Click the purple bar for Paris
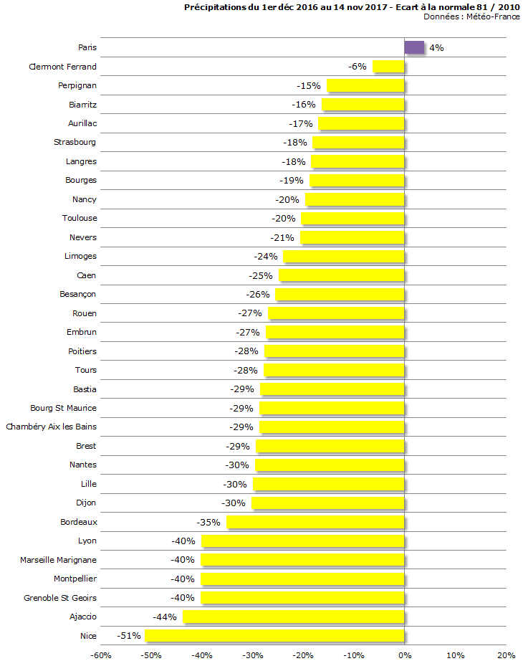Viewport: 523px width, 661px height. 414,47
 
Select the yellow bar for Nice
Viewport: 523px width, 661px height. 274,635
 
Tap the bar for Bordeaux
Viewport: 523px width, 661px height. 315,522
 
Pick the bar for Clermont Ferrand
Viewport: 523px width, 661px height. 388,67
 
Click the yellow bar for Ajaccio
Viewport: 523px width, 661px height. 294,617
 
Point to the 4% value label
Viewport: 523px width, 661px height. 436,48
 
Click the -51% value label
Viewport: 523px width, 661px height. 130,635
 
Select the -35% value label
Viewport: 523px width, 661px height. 209,522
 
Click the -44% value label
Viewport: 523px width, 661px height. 165,617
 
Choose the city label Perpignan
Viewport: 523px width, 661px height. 77,85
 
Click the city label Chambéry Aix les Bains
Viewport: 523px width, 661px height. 51,427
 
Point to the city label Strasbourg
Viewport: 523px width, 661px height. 75,142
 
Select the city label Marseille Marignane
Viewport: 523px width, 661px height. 58,559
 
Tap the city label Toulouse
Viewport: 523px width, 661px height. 80,218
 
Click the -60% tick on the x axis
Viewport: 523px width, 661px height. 101,655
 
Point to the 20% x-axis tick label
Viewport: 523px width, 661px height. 506,655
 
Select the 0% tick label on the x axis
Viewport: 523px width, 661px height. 405,655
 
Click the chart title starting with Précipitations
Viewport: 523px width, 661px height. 352,7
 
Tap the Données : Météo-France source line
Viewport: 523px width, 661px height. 471,16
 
